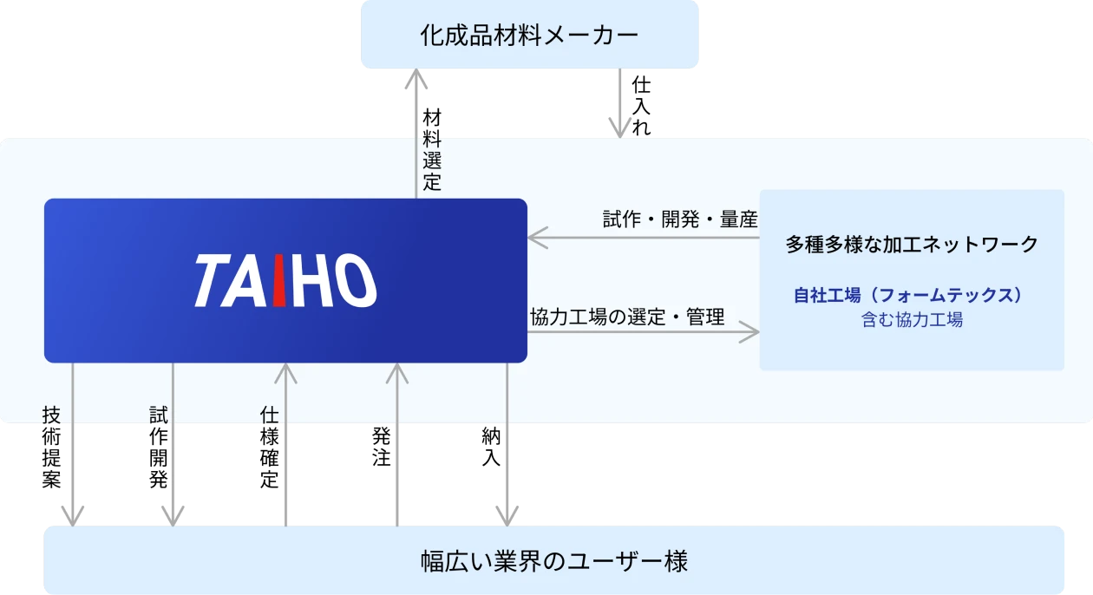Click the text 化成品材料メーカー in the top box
click(x=529, y=36)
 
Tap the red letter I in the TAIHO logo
click(x=278, y=281)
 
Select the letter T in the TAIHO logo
click(x=212, y=281)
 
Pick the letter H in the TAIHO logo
click(x=311, y=281)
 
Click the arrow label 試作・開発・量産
click(x=680, y=219)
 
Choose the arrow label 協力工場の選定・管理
click(x=627, y=317)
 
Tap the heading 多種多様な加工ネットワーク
click(x=912, y=245)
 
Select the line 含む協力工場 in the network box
click(x=912, y=319)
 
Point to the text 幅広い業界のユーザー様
click(x=554, y=561)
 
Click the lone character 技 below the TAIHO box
click(x=51, y=415)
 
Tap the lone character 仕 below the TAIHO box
click(x=269, y=415)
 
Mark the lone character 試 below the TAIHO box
click(x=158, y=415)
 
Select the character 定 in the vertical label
click(x=432, y=182)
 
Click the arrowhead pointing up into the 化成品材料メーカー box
click(x=416, y=80)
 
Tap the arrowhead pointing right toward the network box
click(x=749, y=333)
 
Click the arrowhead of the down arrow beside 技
click(x=72, y=513)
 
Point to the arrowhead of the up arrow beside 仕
click(x=285, y=373)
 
